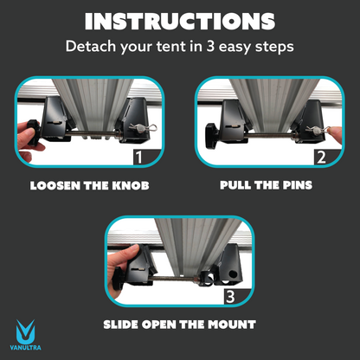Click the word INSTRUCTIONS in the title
(x=180, y=22)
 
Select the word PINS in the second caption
(x=296, y=185)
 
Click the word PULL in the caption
(x=239, y=185)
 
